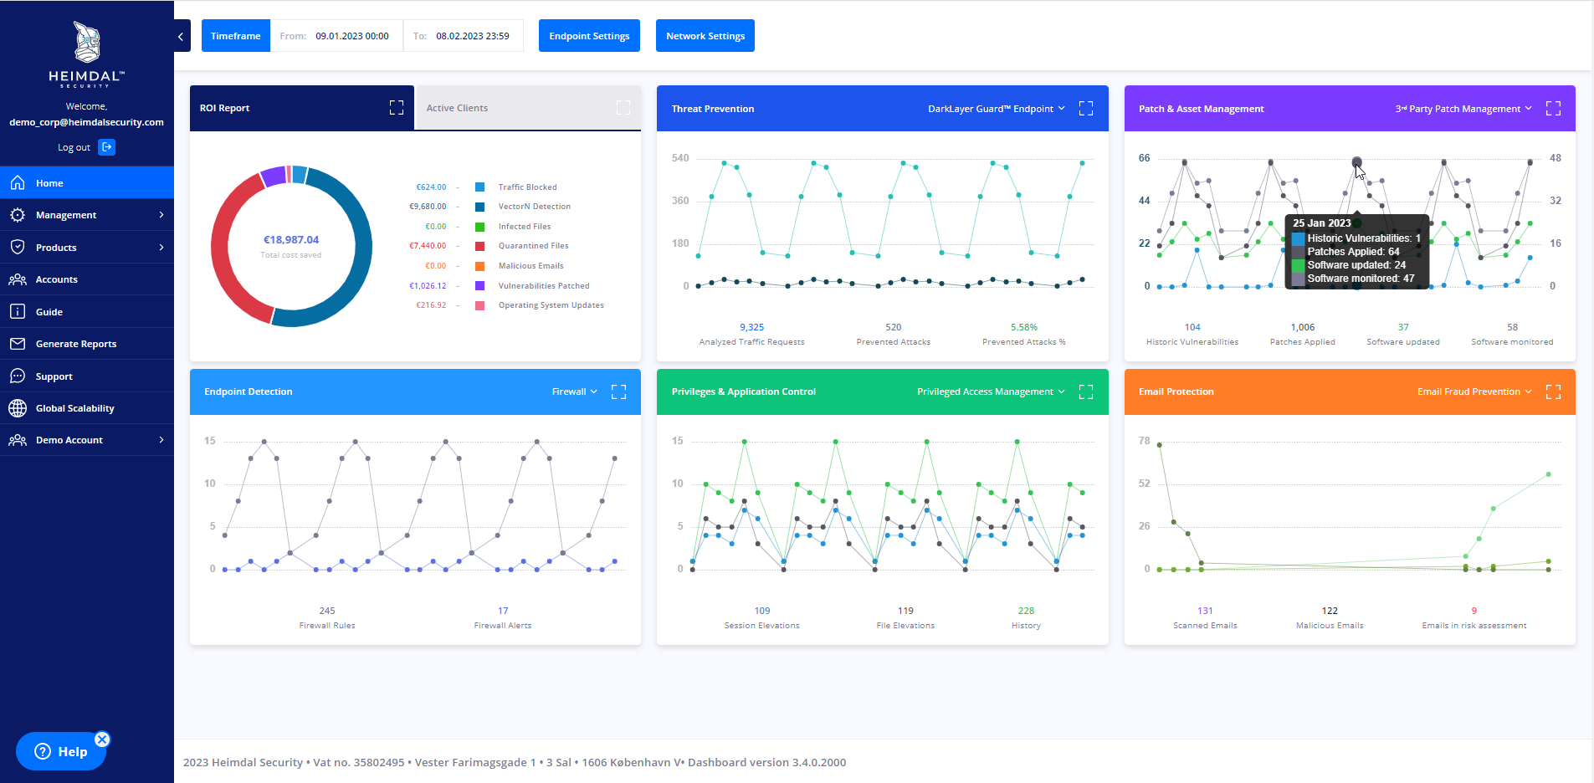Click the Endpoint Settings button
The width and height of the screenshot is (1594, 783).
click(589, 36)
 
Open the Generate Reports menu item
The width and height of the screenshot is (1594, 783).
click(75, 344)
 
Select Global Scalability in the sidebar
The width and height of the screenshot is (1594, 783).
click(74, 408)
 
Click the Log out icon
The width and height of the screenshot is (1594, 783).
click(107, 147)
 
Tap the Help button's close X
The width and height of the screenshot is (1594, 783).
click(102, 739)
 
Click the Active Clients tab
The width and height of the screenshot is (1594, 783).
click(457, 108)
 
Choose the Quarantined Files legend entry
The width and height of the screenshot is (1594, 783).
click(533, 246)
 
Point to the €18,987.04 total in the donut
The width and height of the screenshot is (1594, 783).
click(291, 240)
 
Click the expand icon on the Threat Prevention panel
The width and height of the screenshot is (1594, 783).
click(1086, 109)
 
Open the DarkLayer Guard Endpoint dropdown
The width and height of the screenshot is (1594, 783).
click(996, 109)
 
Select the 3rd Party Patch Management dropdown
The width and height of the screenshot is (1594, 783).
click(1463, 109)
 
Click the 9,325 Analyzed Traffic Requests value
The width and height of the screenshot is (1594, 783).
click(751, 327)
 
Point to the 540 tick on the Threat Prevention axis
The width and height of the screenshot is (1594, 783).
click(680, 158)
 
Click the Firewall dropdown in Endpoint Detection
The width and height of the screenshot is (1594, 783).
click(575, 391)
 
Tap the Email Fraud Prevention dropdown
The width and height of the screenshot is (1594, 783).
click(1474, 391)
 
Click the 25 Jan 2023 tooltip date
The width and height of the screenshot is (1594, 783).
click(1321, 223)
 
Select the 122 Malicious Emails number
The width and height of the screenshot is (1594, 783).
click(1330, 611)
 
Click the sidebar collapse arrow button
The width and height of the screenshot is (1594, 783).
click(182, 36)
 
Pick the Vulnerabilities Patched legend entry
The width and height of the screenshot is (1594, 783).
click(543, 286)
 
